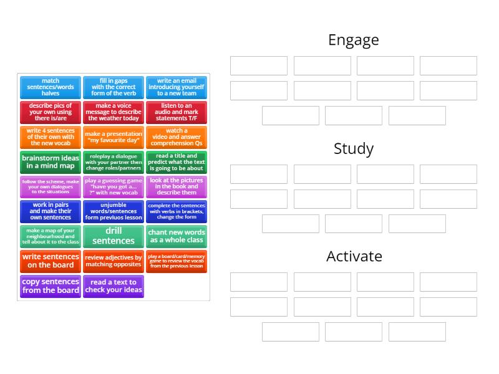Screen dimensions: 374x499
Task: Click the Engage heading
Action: [x=353, y=41]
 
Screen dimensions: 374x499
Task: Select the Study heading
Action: [x=353, y=149]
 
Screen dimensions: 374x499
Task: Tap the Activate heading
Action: [x=353, y=257]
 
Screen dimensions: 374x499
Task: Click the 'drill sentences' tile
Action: [x=113, y=236]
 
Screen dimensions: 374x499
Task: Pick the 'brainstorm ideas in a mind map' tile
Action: [x=51, y=162]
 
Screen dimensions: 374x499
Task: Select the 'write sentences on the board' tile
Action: [x=51, y=261]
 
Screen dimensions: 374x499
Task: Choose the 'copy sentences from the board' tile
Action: [x=51, y=286]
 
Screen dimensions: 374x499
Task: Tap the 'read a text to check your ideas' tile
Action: [x=113, y=286]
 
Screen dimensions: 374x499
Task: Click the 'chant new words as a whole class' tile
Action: [x=176, y=236]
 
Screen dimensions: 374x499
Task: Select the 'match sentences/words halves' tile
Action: [x=51, y=87]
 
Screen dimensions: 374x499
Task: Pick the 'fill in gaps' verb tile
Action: [x=113, y=87]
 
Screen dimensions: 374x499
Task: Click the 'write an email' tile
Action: [x=176, y=87]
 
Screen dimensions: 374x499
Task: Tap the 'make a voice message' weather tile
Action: [x=113, y=112]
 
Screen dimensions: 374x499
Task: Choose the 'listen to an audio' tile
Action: [x=176, y=112]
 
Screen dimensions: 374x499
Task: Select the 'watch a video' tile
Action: [x=176, y=137]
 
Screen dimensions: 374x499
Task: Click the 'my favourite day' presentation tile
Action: [x=113, y=137]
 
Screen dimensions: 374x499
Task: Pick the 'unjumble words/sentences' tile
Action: [x=113, y=211]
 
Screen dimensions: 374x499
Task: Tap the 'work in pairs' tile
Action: [x=51, y=211]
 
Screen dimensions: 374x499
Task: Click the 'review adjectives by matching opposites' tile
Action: [x=113, y=261]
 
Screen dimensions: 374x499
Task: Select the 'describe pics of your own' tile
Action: [x=51, y=112]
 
